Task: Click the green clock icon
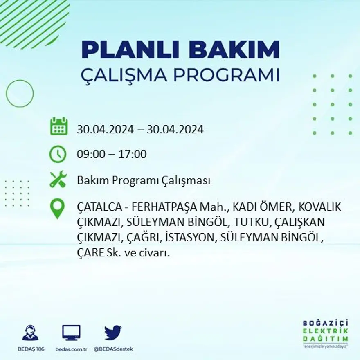click(58, 154)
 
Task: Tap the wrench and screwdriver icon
click(58, 180)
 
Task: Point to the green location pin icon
click(57, 208)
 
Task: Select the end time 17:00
click(133, 155)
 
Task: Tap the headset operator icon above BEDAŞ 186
click(30, 333)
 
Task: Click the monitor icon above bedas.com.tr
click(71, 333)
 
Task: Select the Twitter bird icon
click(113, 333)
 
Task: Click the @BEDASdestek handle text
click(113, 349)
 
